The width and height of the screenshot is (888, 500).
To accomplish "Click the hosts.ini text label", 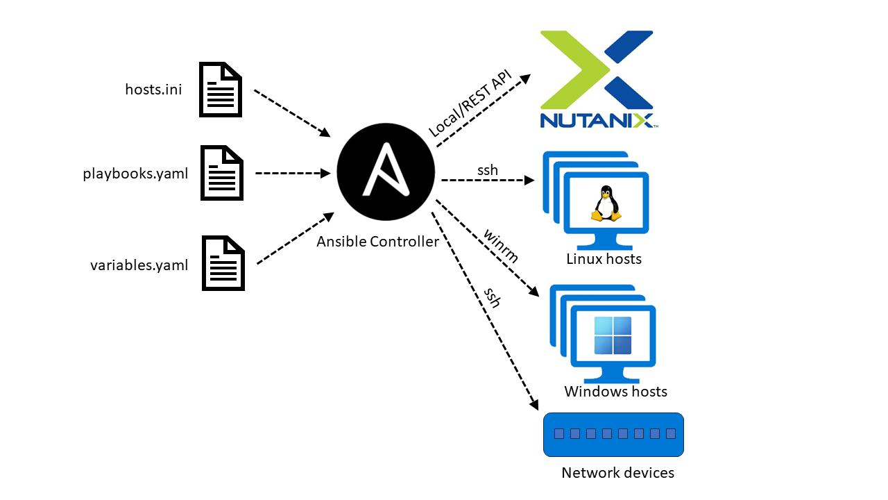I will (153, 90).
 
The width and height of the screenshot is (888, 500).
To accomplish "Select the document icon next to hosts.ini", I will (221, 90).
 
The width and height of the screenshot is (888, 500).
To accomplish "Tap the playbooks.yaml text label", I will (135, 174).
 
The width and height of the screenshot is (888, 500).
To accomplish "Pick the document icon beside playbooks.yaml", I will (221, 173).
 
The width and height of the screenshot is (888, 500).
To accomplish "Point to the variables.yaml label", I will (139, 265).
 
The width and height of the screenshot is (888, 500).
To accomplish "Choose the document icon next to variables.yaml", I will (223, 262).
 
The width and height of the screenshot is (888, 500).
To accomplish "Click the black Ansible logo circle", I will (386, 172).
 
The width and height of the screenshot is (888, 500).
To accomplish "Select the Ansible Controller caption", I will (377, 242).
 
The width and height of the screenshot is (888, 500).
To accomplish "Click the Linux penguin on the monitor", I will (606, 203).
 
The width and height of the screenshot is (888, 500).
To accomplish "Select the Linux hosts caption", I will (604, 259).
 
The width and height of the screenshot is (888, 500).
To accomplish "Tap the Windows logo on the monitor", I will (613, 335).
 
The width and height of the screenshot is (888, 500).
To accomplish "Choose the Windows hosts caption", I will (615, 392).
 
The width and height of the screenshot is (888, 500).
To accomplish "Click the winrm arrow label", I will (501, 246).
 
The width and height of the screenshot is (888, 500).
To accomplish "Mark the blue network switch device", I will (613, 435).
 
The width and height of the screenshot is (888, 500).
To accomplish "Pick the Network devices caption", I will (617, 473).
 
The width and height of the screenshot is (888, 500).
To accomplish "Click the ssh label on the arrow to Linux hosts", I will (487, 169).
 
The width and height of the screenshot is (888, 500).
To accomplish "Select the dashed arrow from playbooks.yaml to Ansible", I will (292, 173).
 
